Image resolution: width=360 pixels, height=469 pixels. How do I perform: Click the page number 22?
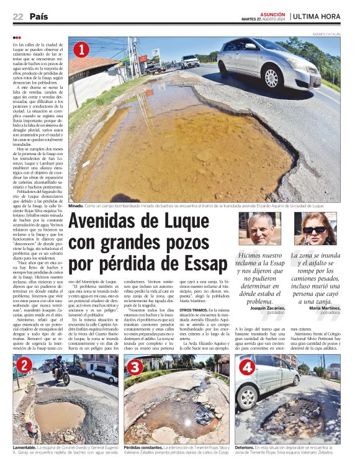pos(17,17)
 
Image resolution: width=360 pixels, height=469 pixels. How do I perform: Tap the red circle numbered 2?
pos(24,365)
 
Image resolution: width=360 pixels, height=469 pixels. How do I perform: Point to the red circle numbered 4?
pos(246,366)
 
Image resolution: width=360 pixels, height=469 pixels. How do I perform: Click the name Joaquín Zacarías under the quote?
pos(266,308)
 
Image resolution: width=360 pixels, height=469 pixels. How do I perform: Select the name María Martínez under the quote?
pos(323,308)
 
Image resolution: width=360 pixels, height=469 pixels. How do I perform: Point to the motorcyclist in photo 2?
pos(63,371)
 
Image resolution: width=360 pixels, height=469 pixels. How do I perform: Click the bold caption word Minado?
pos(76,205)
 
